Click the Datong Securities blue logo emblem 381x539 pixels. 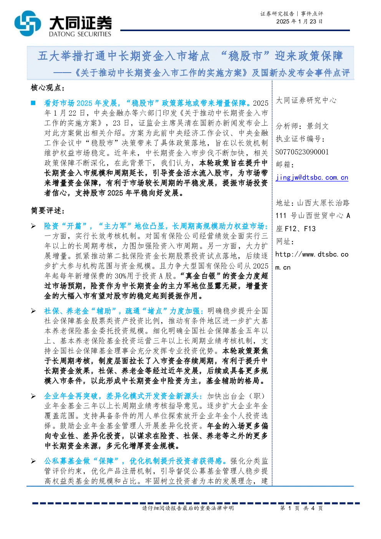coord(27,23)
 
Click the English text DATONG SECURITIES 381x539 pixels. coord(80,34)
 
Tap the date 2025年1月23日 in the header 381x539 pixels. coord(299,22)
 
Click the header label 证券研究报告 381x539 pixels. coord(277,14)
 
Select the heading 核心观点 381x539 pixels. coord(48,88)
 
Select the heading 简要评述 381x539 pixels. coord(48,211)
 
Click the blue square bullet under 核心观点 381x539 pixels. coord(33,103)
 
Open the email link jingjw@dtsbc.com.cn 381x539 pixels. coord(312,177)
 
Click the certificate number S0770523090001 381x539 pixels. coord(302,152)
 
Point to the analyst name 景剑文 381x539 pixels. coord(318,126)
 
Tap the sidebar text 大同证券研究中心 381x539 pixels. coord(306,100)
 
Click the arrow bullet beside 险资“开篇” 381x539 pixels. coord(33,226)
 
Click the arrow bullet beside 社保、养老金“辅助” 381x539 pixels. coord(33,311)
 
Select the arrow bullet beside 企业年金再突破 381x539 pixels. coord(33,396)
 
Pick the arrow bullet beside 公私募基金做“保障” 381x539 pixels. coord(33,461)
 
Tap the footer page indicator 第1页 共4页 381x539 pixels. coord(301,508)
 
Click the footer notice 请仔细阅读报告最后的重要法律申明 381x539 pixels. coord(188,508)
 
